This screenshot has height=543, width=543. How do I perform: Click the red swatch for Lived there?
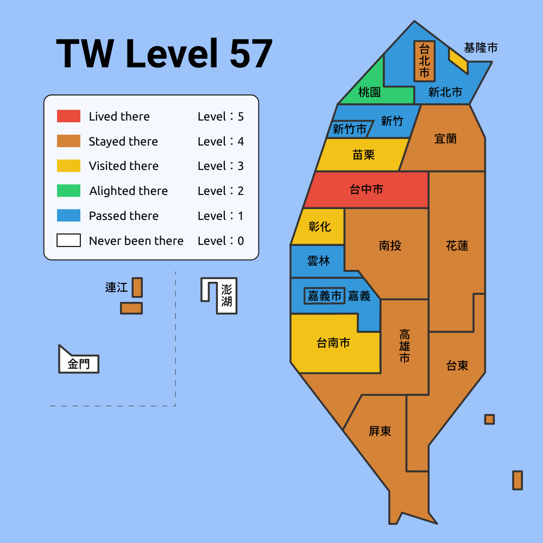[x=68, y=116]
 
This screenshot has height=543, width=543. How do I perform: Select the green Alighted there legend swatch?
[x=68, y=191]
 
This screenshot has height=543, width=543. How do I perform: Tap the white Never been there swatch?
[x=68, y=241]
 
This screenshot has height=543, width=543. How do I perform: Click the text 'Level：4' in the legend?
[x=220, y=142]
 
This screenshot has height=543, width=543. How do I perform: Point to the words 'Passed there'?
[x=124, y=216]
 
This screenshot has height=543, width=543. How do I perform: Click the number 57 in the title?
[x=251, y=53]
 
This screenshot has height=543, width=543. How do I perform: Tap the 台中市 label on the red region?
[x=366, y=190]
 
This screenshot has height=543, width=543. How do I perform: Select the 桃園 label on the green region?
[x=369, y=92]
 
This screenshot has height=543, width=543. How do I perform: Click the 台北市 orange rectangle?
[x=424, y=61]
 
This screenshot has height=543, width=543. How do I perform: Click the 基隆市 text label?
[x=481, y=48]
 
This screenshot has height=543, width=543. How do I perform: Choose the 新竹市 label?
[x=350, y=129]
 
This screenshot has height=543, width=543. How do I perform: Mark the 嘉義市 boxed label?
[x=324, y=296]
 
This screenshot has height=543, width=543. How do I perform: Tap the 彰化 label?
[x=319, y=226]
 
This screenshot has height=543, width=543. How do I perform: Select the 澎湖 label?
[x=226, y=296]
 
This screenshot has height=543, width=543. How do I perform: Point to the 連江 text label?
[x=116, y=288]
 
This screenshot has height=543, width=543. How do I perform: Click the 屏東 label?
[x=380, y=432]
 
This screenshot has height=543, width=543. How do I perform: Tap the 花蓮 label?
[x=457, y=246]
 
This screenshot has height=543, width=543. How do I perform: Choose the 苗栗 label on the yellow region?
[x=363, y=155]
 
